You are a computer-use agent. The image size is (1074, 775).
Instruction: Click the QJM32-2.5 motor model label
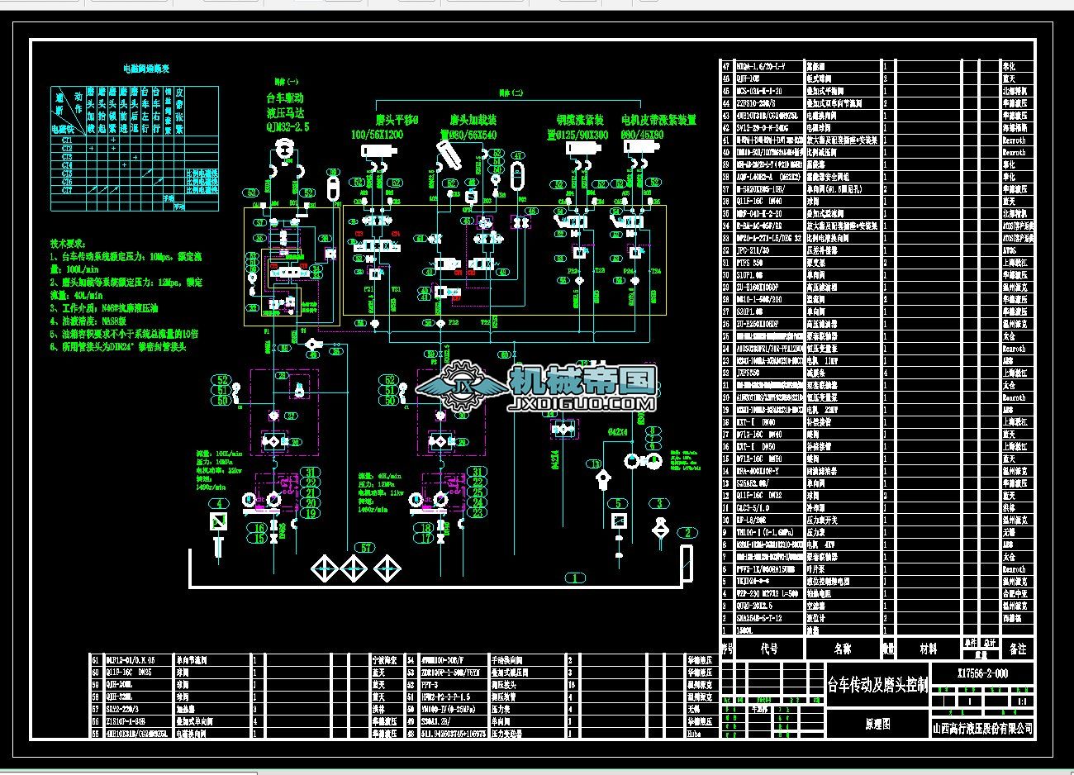point(287,127)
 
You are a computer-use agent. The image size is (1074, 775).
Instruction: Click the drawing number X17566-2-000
point(982,673)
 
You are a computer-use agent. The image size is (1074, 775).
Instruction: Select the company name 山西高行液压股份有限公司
point(982,728)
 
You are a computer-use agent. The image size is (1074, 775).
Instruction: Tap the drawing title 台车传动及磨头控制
point(877,684)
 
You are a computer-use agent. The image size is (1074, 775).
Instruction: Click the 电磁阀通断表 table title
point(145,69)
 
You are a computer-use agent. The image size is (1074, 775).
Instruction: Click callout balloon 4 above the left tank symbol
point(218,504)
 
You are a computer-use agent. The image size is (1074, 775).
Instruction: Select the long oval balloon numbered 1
point(574,577)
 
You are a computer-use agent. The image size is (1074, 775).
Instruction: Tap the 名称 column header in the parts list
point(842,649)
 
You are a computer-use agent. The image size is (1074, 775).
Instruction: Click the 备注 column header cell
point(1018,649)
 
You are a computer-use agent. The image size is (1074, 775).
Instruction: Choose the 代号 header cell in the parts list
point(769,649)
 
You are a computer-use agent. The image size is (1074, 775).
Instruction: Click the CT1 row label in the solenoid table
point(67,140)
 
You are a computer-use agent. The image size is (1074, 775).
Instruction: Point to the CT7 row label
point(67,191)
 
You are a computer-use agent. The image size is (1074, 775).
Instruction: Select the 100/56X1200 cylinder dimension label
point(377,134)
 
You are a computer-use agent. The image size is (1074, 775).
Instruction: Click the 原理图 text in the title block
point(877,724)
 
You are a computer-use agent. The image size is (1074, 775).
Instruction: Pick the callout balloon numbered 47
point(518,155)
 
